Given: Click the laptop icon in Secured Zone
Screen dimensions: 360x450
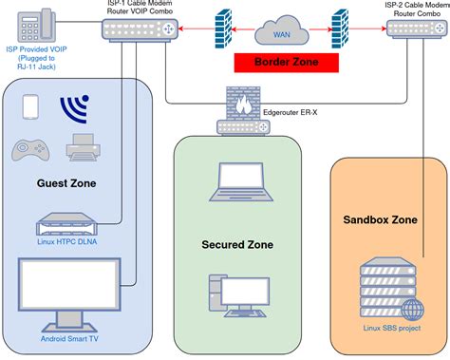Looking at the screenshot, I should click(236, 180).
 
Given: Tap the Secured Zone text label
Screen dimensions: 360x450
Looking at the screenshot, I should click(237, 244).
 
